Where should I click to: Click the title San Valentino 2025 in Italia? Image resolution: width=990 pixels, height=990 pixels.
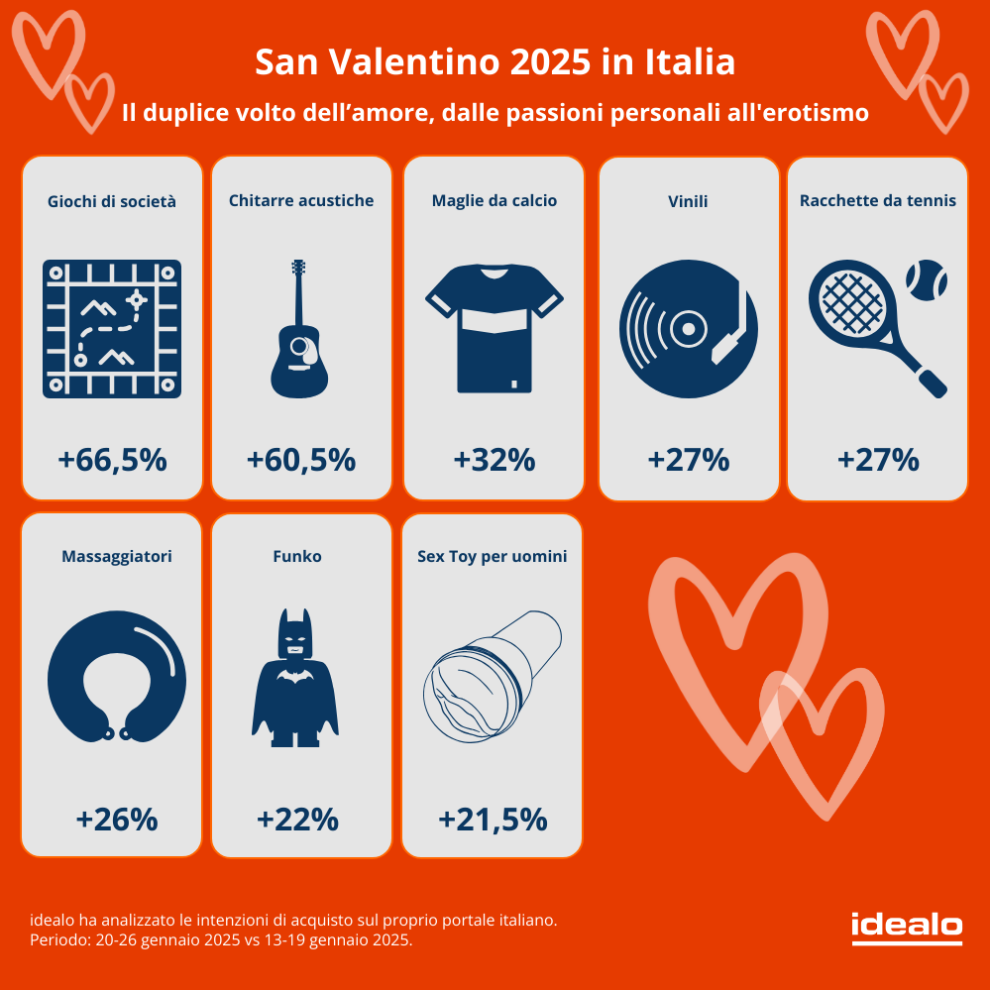pos(495,62)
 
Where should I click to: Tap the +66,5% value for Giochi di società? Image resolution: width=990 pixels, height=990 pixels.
pos(112,460)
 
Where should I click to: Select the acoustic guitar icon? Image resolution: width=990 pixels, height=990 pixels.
pos(300,329)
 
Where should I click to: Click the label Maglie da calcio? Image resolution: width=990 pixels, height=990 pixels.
pos(495,200)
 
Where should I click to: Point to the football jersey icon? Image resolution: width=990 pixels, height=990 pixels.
pos(495,327)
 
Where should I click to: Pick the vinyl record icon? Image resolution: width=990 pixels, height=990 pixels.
pos(688,329)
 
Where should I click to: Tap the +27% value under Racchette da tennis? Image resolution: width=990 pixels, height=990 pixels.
pos(878,460)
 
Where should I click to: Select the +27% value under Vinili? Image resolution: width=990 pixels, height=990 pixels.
pos(688,460)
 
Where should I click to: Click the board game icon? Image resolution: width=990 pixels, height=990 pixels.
pos(112,329)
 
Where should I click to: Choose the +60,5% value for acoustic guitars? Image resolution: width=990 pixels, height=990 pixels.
pos(300,460)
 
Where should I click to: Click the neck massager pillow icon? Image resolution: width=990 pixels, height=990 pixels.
pos(117,680)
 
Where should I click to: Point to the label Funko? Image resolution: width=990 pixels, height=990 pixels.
pos(296,556)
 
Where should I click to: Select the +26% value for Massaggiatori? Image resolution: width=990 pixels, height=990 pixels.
pos(117,820)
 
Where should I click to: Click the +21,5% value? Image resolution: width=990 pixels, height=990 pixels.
pos(493,820)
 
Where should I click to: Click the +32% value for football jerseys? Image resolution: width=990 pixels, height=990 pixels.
pos(495,460)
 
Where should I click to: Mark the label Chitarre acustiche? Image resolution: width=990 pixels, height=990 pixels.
pos(301,200)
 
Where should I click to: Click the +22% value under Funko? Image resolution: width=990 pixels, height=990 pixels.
pos(297,820)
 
